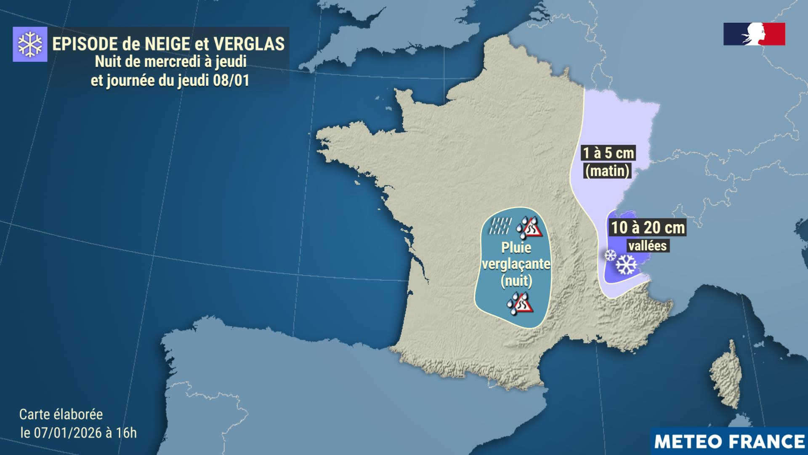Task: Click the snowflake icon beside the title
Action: coord(30,44)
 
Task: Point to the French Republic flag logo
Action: coord(754,34)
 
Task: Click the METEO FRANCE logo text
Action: coord(729,442)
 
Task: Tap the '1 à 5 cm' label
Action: coord(608,153)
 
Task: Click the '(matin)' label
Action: coord(607,171)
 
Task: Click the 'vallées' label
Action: coord(648,246)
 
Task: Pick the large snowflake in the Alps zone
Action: coord(626,265)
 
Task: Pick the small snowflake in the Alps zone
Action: coord(610,254)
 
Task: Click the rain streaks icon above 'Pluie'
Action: coord(500,226)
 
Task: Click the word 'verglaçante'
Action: coord(516,264)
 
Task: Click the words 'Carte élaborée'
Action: coord(61,414)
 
